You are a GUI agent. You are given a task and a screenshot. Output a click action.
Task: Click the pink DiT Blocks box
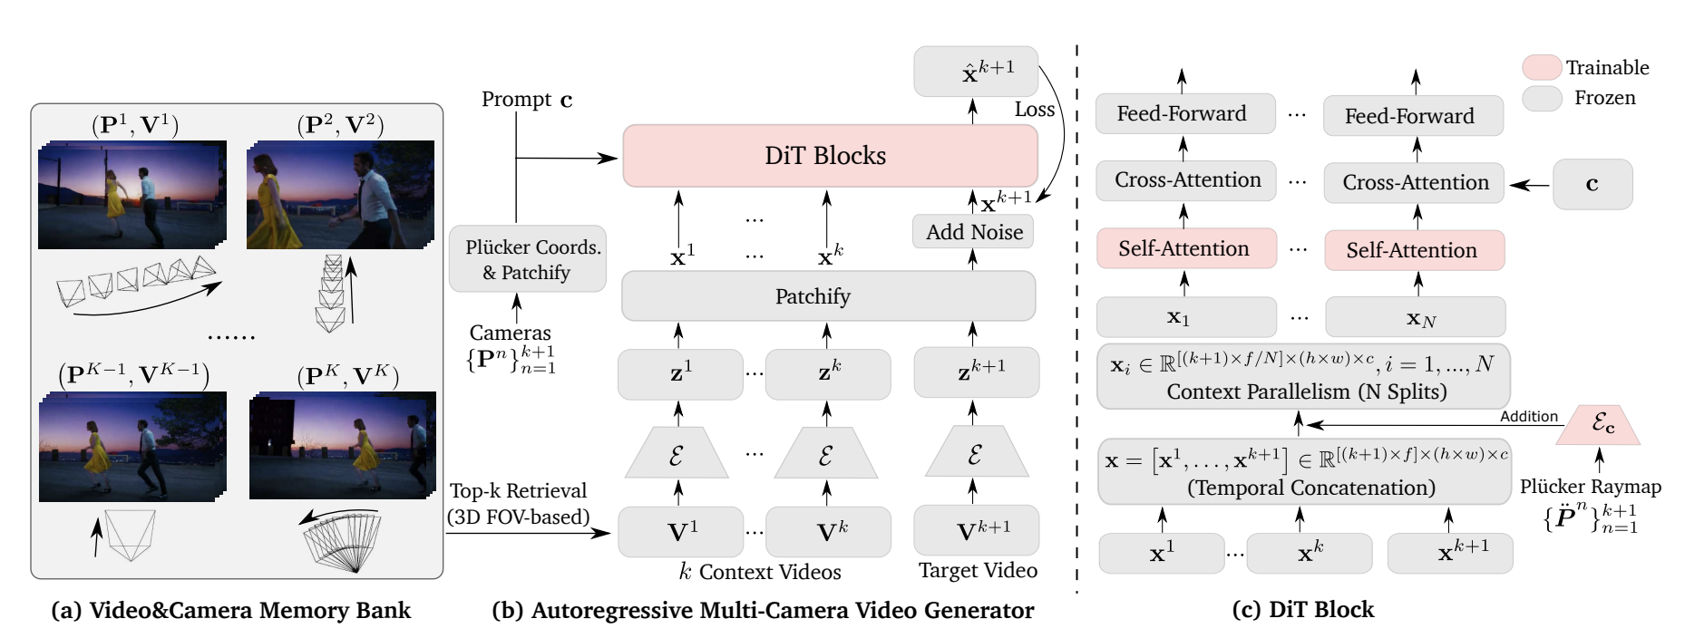(x=830, y=156)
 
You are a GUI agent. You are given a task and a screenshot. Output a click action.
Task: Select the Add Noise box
(x=973, y=232)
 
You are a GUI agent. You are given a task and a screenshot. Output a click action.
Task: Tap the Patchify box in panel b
(x=828, y=296)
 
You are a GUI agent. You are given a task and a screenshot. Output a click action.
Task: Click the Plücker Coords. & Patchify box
(x=527, y=259)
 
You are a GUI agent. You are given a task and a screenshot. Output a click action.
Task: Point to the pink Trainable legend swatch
(x=1541, y=68)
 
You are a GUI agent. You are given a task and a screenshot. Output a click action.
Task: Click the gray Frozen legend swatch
(x=1541, y=98)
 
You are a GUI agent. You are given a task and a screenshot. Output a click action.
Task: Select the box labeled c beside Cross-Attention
(x=1592, y=184)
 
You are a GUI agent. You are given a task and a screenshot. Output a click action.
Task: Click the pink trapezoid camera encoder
(x=1599, y=425)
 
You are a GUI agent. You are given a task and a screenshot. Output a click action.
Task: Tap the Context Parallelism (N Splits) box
(x=1303, y=377)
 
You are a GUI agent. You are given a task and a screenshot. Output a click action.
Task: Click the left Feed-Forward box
(x=1184, y=114)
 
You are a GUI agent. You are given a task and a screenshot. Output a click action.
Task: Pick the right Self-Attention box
(x=1414, y=250)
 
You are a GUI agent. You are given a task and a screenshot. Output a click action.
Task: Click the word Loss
(x=1034, y=110)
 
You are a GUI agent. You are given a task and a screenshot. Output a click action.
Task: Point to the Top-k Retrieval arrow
(x=526, y=534)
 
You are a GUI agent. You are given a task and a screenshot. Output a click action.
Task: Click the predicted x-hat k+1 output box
(x=976, y=72)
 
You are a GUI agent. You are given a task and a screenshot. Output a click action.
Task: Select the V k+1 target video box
(x=976, y=530)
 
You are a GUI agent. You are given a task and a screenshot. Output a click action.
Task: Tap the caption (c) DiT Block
(x=1302, y=610)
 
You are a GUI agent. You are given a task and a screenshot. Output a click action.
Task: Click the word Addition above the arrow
(x=1528, y=416)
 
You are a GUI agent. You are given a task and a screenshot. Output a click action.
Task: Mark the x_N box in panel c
(x=1415, y=318)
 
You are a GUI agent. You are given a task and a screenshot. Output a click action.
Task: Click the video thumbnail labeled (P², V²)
(x=340, y=195)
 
